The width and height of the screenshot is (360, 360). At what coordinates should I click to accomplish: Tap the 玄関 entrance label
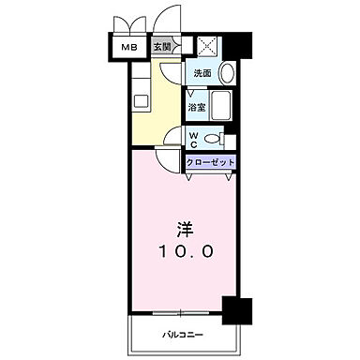tap(161, 47)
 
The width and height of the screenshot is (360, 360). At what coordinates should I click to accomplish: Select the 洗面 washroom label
tap(202, 73)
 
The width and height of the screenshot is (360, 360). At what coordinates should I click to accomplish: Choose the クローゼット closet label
tap(210, 161)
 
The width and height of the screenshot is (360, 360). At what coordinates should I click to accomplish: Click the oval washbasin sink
tap(228, 74)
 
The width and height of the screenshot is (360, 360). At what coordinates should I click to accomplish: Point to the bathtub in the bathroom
tap(223, 105)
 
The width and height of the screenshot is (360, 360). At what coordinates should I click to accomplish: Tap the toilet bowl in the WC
tap(214, 140)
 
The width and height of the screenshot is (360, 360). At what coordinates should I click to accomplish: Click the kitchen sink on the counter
tap(140, 99)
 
